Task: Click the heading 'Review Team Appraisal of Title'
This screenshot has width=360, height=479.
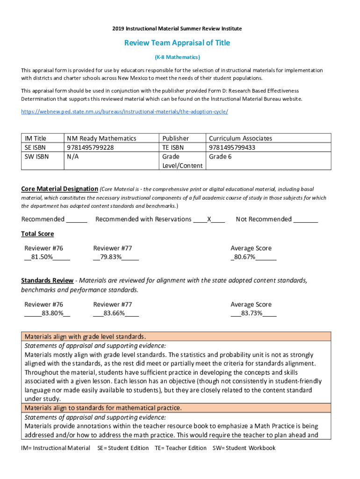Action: [177, 43]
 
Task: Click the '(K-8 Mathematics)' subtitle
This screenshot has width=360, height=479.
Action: [177, 57]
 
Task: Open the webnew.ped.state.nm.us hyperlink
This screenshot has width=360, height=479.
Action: [124, 112]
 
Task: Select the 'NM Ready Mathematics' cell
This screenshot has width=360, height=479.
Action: [101, 138]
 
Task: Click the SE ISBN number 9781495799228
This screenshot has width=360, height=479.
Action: [91, 147]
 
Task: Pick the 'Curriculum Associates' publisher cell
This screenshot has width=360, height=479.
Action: [240, 138]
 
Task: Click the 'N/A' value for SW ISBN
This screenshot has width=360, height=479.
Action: [73, 157]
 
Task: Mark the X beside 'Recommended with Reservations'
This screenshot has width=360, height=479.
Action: [209, 219]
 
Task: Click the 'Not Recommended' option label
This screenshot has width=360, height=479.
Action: [264, 219]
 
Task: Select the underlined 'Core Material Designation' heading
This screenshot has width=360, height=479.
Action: [59, 189]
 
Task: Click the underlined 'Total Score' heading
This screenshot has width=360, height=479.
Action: [37, 234]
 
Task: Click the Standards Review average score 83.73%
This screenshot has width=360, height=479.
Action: [252, 313]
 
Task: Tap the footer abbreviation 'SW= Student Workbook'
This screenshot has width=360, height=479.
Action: [244, 448]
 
